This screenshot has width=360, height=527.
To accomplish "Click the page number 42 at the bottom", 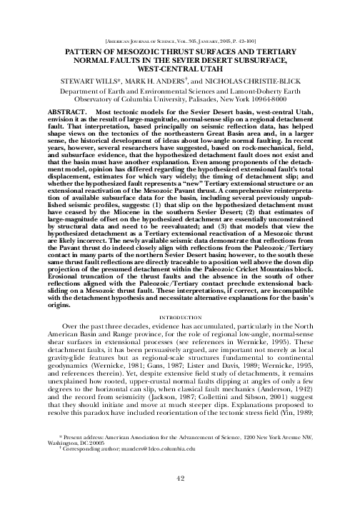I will [x=180, y=498].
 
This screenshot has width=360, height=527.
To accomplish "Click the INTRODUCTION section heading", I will [x=180, y=314].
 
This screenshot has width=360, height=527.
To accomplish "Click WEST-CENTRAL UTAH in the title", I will [x=180, y=70].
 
